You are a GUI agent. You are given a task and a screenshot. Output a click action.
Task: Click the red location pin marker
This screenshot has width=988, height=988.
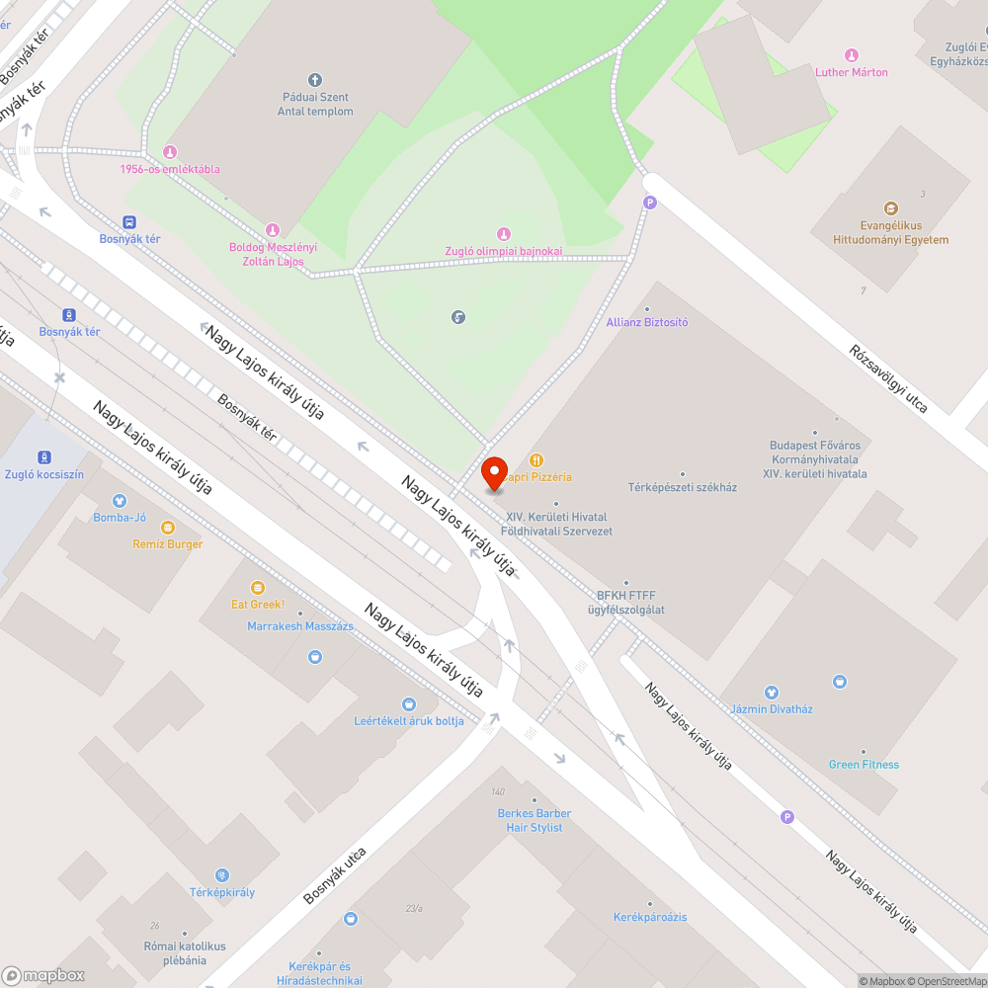pos(493,473)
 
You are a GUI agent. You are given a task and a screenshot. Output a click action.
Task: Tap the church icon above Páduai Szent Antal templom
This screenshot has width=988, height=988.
pos(315,79)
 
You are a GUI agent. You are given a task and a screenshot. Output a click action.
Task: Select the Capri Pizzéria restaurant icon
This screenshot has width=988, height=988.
pos(536,459)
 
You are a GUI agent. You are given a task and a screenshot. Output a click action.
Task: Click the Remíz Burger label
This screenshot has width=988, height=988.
pos(168,544)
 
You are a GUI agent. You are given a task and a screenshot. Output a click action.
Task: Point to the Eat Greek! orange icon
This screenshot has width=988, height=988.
pos(258,588)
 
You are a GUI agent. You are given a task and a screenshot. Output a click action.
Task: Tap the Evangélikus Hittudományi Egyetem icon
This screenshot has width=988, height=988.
pos(891,208)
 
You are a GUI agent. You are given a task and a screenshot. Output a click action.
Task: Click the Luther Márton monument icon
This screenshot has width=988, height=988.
pos(852,54)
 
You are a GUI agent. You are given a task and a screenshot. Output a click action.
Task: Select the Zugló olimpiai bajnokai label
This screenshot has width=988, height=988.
pos(504,251)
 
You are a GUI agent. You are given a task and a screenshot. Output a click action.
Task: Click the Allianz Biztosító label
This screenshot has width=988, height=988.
pos(647,322)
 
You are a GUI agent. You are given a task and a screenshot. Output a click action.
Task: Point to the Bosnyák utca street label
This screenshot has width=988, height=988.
pos(335,875)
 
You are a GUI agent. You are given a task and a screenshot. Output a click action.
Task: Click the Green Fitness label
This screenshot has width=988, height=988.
pos(864,764)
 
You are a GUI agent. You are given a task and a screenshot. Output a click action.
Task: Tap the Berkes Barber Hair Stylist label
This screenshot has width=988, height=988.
pos(535,820)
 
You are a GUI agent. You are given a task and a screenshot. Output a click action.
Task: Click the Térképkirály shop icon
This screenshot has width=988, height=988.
pos(222,875)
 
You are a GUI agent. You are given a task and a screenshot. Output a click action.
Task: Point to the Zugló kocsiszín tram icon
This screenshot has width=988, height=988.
pos(44,456)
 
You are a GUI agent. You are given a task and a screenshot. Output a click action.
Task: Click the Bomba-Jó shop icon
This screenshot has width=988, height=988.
pos(120,501)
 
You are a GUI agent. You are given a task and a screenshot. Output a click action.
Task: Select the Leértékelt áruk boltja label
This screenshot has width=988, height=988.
pos(409,720)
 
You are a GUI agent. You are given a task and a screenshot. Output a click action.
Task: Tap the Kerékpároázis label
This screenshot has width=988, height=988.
pos(650,917)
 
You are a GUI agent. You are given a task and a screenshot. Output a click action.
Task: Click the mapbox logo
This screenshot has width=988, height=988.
pos(43,975)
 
